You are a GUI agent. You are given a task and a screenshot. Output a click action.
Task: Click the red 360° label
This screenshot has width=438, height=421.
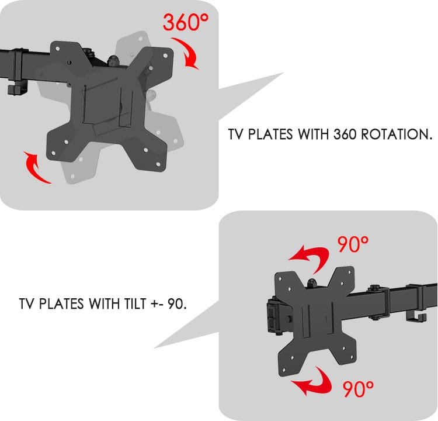(186, 22)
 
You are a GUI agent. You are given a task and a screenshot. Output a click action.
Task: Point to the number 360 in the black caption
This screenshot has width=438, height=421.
(345, 134)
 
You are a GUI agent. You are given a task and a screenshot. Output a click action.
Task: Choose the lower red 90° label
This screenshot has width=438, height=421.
(358, 389)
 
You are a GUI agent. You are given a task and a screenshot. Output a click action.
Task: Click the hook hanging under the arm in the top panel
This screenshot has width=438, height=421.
(18, 89)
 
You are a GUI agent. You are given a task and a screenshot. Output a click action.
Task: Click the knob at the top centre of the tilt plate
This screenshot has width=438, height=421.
(312, 283)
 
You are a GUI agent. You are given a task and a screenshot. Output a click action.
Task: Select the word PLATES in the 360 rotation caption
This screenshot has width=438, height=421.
(270, 134)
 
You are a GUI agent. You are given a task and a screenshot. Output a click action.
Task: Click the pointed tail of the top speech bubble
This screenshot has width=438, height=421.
(283, 73)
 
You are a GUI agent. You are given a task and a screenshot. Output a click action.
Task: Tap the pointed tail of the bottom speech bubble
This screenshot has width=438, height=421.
(155, 347)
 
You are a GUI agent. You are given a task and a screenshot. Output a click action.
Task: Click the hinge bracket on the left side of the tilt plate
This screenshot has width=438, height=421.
(275, 316)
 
